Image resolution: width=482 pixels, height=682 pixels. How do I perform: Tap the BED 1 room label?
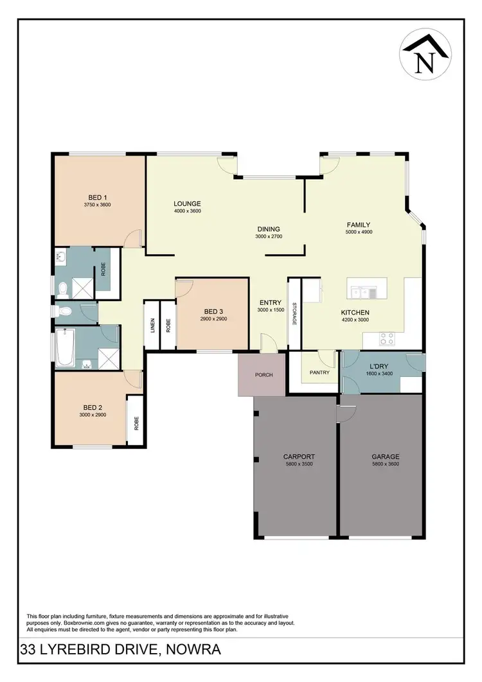(x=98, y=197)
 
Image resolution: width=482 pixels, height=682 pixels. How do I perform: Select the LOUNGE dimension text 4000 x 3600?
(x=188, y=211)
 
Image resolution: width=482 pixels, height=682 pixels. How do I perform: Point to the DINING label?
(x=269, y=229)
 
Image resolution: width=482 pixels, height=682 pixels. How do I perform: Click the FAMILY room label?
(x=358, y=225)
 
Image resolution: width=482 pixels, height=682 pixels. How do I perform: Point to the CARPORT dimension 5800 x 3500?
(x=299, y=464)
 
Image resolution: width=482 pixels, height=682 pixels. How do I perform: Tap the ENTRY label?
(x=269, y=302)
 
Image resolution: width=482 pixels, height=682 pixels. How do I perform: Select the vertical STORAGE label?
(x=294, y=313)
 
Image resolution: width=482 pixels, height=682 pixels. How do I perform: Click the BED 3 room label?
(x=213, y=311)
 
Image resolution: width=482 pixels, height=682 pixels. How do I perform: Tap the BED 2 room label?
(x=93, y=407)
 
